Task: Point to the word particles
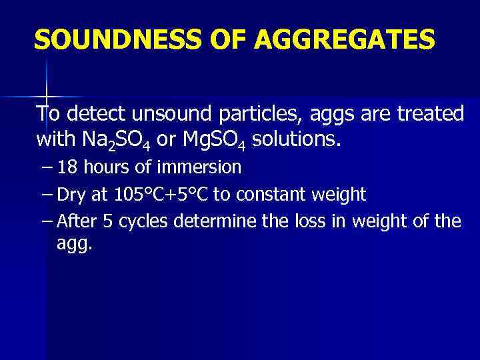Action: coord(253,115)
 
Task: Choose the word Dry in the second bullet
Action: coord(70,195)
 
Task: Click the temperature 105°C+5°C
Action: coord(160,195)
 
